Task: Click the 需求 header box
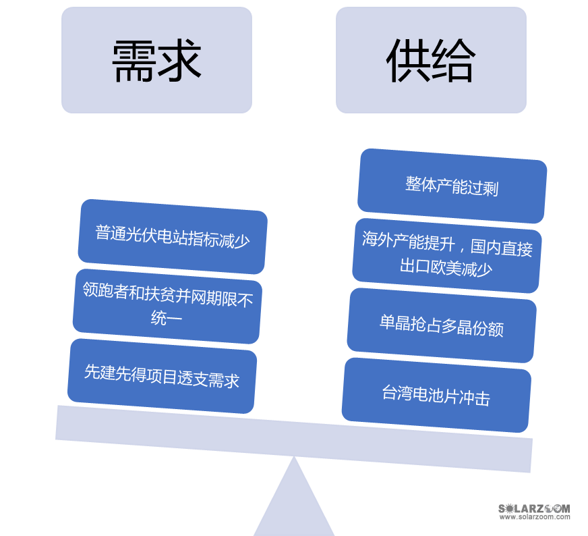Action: pyautogui.click(x=156, y=60)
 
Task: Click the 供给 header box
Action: pyautogui.click(x=431, y=60)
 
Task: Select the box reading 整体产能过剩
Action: pyautogui.click(x=452, y=186)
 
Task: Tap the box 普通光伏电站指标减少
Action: pyautogui.click(x=173, y=236)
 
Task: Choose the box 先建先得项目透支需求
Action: pyautogui.click(x=162, y=376)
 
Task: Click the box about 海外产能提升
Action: pyautogui.click(x=446, y=255)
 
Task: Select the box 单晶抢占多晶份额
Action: pyautogui.click(x=442, y=325)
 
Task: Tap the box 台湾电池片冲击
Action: pyautogui.click(x=436, y=395)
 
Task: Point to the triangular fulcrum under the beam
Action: pyautogui.click(x=294, y=503)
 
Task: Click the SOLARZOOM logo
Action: pyautogui.click(x=533, y=511)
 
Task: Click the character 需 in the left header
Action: pyautogui.click(x=134, y=61)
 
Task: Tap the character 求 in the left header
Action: pyautogui.click(x=179, y=61)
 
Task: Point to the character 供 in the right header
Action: pyautogui.click(x=408, y=61)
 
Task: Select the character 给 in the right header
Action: pyautogui.click(x=454, y=61)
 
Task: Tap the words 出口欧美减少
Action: pyautogui.click(x=446, y=268)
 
